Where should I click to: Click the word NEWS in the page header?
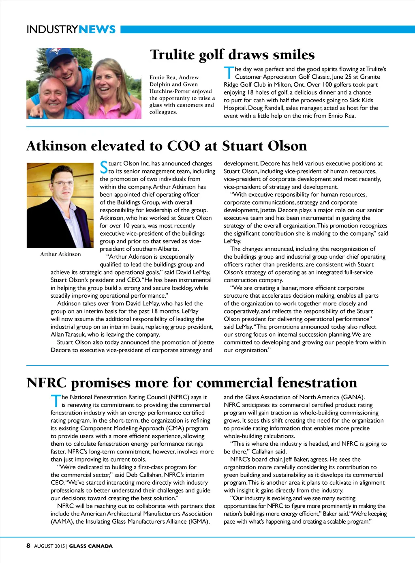click(97, 30)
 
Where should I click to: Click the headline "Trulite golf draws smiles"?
click(232, 55)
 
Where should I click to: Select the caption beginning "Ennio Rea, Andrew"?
click(182, 95)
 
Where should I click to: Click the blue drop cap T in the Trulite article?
click(229, 73)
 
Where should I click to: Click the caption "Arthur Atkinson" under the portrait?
click(60, 254)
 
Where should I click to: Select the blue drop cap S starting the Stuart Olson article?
click(104, 167)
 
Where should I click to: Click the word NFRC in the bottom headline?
click(46, 382)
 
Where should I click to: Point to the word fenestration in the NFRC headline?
click(317, 382)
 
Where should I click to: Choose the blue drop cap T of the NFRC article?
click(55, 401)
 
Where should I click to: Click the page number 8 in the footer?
click(28, 546)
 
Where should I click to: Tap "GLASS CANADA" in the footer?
click(91, 546)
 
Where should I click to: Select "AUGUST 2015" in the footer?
click(49, 546)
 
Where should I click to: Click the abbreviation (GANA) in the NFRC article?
click(353, 397)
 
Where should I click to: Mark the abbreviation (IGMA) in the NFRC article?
click(199, 521)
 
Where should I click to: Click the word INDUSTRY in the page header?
click(52, 30)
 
